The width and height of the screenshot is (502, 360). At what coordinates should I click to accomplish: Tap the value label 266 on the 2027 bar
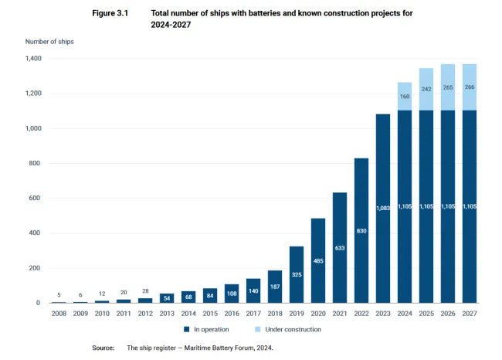click(470, 88)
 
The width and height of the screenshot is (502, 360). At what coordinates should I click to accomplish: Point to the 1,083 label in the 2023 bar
click(383, 208)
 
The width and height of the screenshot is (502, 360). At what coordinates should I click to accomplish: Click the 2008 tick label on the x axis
click(59, 314)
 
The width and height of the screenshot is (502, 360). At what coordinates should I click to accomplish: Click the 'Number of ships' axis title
click(49, 42)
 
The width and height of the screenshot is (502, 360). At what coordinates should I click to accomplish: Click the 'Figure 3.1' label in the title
click(109, 14)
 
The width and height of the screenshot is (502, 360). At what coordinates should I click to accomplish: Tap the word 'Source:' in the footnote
click(103, 348)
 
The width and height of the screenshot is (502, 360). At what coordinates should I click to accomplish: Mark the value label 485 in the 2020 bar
click(318, 261)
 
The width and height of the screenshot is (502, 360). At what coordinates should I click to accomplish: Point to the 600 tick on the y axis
click(33, 198)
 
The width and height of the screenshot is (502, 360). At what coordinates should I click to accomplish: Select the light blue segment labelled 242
click(426, 89)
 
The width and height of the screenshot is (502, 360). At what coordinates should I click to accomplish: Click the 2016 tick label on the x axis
click(232, 314)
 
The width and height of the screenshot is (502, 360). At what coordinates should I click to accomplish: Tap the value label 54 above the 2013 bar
click(167, 297)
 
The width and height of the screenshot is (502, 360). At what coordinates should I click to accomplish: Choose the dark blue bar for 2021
click(340, 247)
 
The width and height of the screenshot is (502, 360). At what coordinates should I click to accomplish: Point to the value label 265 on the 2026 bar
click(448, 88)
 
